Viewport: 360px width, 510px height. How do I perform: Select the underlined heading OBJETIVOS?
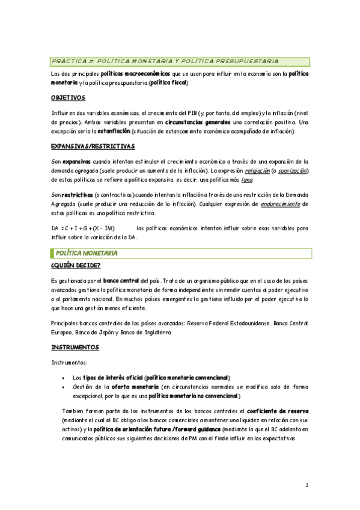pos(68,97)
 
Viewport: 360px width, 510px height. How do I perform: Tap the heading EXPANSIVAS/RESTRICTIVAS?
pos(93,146)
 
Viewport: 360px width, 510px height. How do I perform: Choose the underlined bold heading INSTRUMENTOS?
pos(75,348)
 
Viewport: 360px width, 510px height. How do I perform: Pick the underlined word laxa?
pos(246,179)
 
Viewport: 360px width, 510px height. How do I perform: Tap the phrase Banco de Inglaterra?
pos(152,331)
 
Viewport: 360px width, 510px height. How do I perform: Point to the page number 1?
pos(307,485)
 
